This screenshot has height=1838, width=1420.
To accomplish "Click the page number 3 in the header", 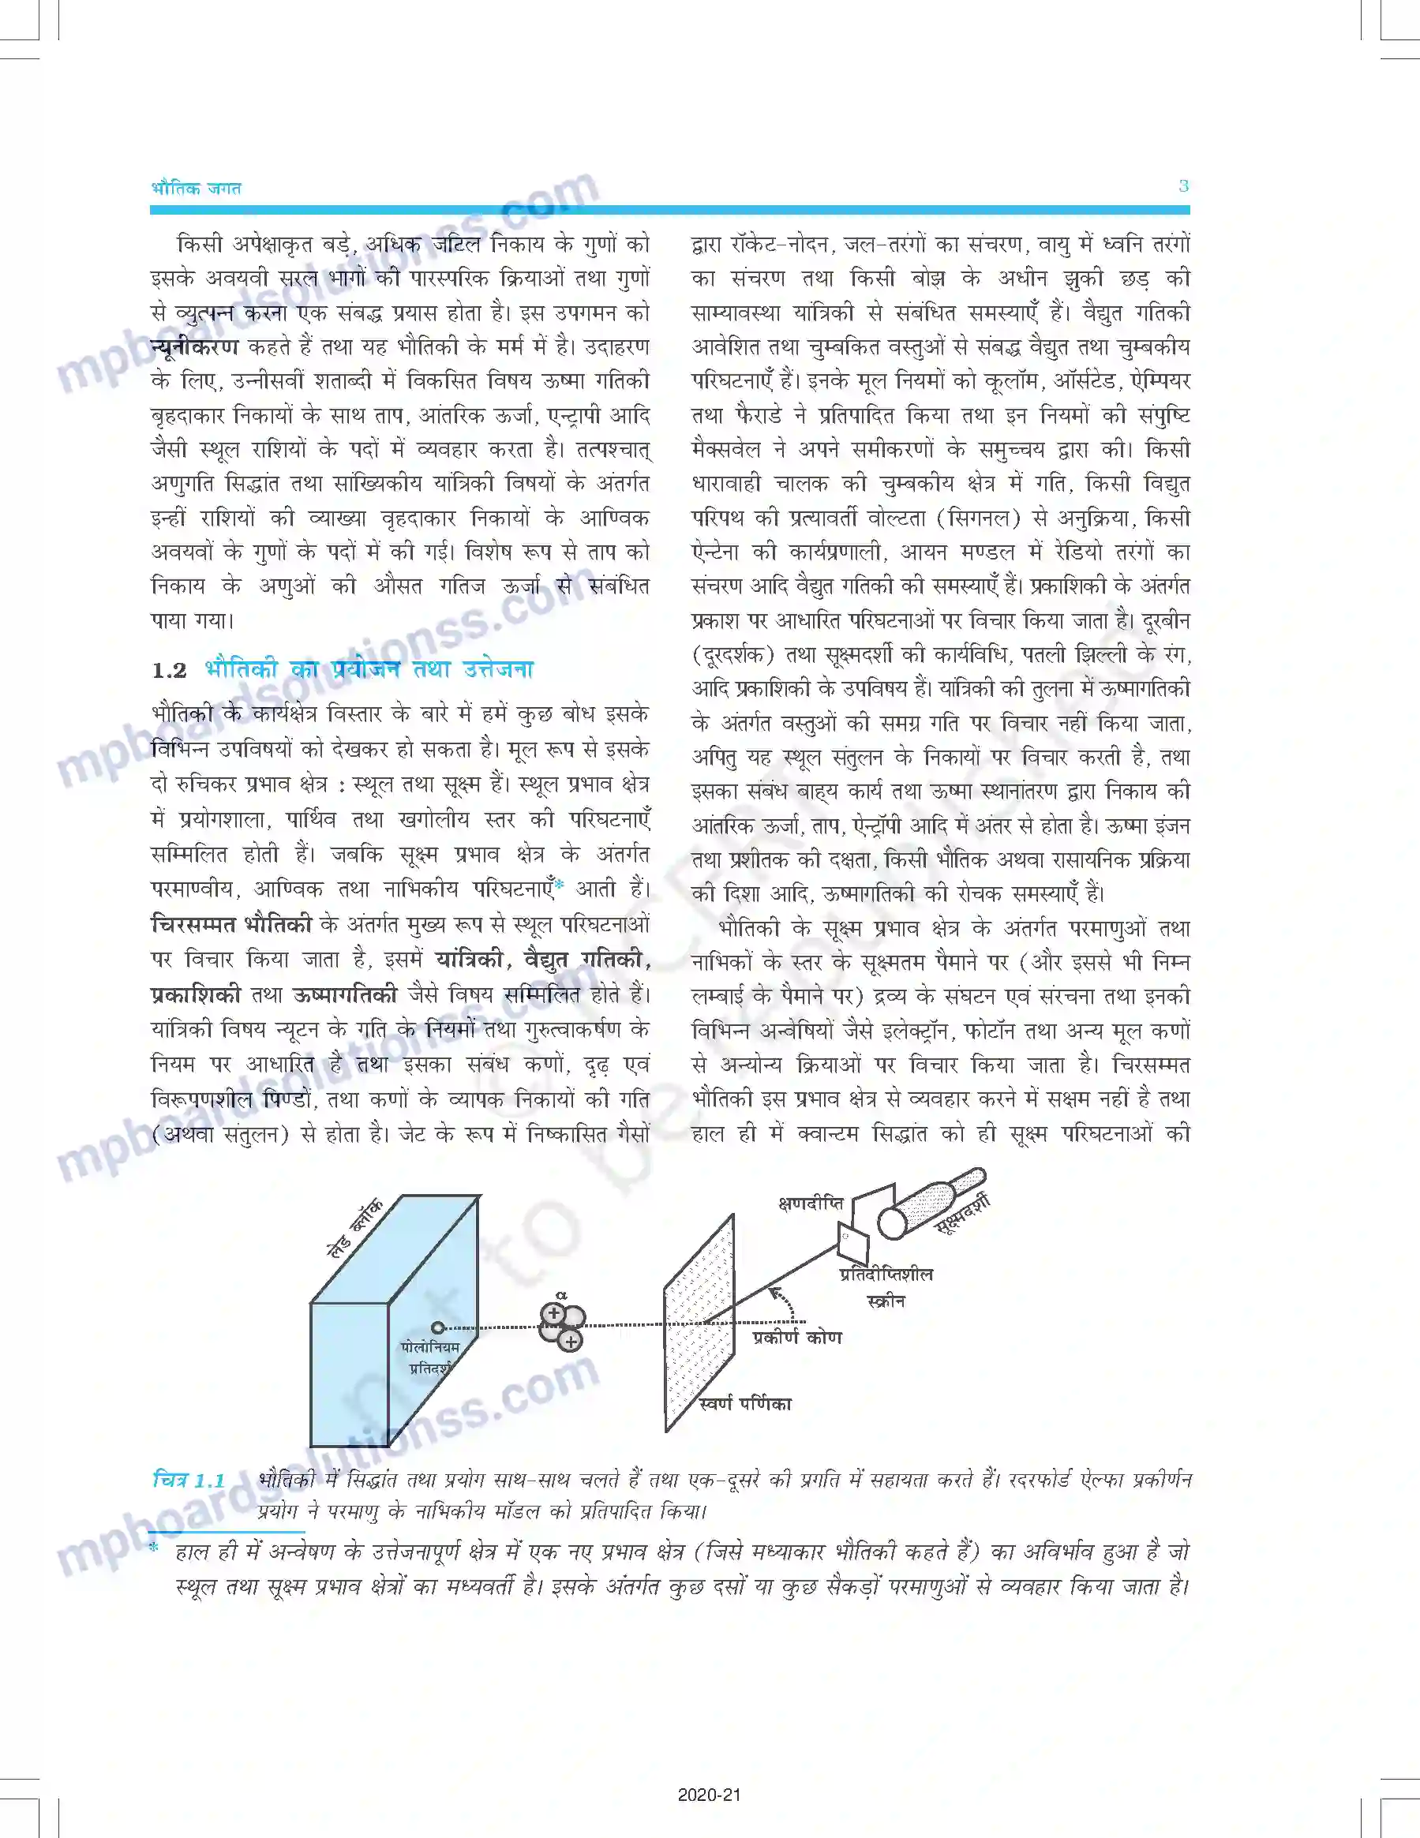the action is pos(1182,186).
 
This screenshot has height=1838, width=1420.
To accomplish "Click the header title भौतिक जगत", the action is pos(196,189).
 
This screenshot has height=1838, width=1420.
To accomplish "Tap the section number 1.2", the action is pos(169,671).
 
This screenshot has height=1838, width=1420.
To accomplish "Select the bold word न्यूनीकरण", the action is pos(194,346).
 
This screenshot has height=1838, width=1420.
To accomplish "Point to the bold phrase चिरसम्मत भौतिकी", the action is pos(231,924).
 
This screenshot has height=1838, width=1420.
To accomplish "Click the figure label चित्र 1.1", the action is pos(189,1481).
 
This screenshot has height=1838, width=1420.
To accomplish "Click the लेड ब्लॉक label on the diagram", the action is pos(354,1228).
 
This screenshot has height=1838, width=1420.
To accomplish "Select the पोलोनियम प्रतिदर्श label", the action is pos(430,1357).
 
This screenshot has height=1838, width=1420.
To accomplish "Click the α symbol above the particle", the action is pos(561,1295).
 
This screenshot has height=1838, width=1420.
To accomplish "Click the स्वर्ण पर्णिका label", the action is pos(745,1404).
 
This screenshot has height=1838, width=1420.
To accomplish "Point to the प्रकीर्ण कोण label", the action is pos(797,1337).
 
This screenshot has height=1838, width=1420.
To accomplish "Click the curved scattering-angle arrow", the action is pos(785,1300).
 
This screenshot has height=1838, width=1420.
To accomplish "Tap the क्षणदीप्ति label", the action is pos(810,1203).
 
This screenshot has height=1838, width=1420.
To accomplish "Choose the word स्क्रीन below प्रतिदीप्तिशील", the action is pos(886,1302).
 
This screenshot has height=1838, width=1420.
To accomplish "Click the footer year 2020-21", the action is pos(710,1795).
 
